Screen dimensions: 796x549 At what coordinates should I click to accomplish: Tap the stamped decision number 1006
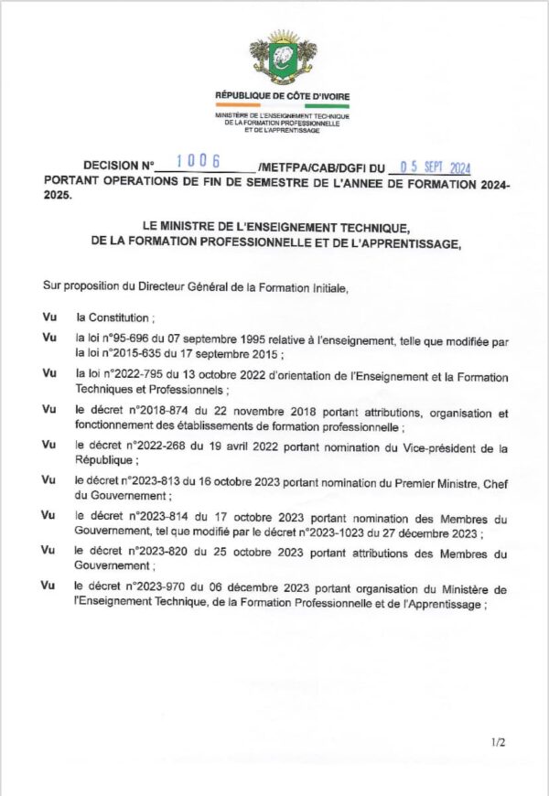tap(199, 162)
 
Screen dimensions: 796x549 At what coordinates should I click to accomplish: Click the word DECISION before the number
tap(109, 167)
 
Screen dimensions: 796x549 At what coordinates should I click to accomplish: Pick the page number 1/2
tap(498, 742)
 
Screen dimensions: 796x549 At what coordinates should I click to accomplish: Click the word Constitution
tap(119, 317)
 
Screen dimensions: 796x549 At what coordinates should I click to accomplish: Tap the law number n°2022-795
tap(123, 377)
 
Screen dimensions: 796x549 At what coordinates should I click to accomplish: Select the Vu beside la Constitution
tap(50, 317)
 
